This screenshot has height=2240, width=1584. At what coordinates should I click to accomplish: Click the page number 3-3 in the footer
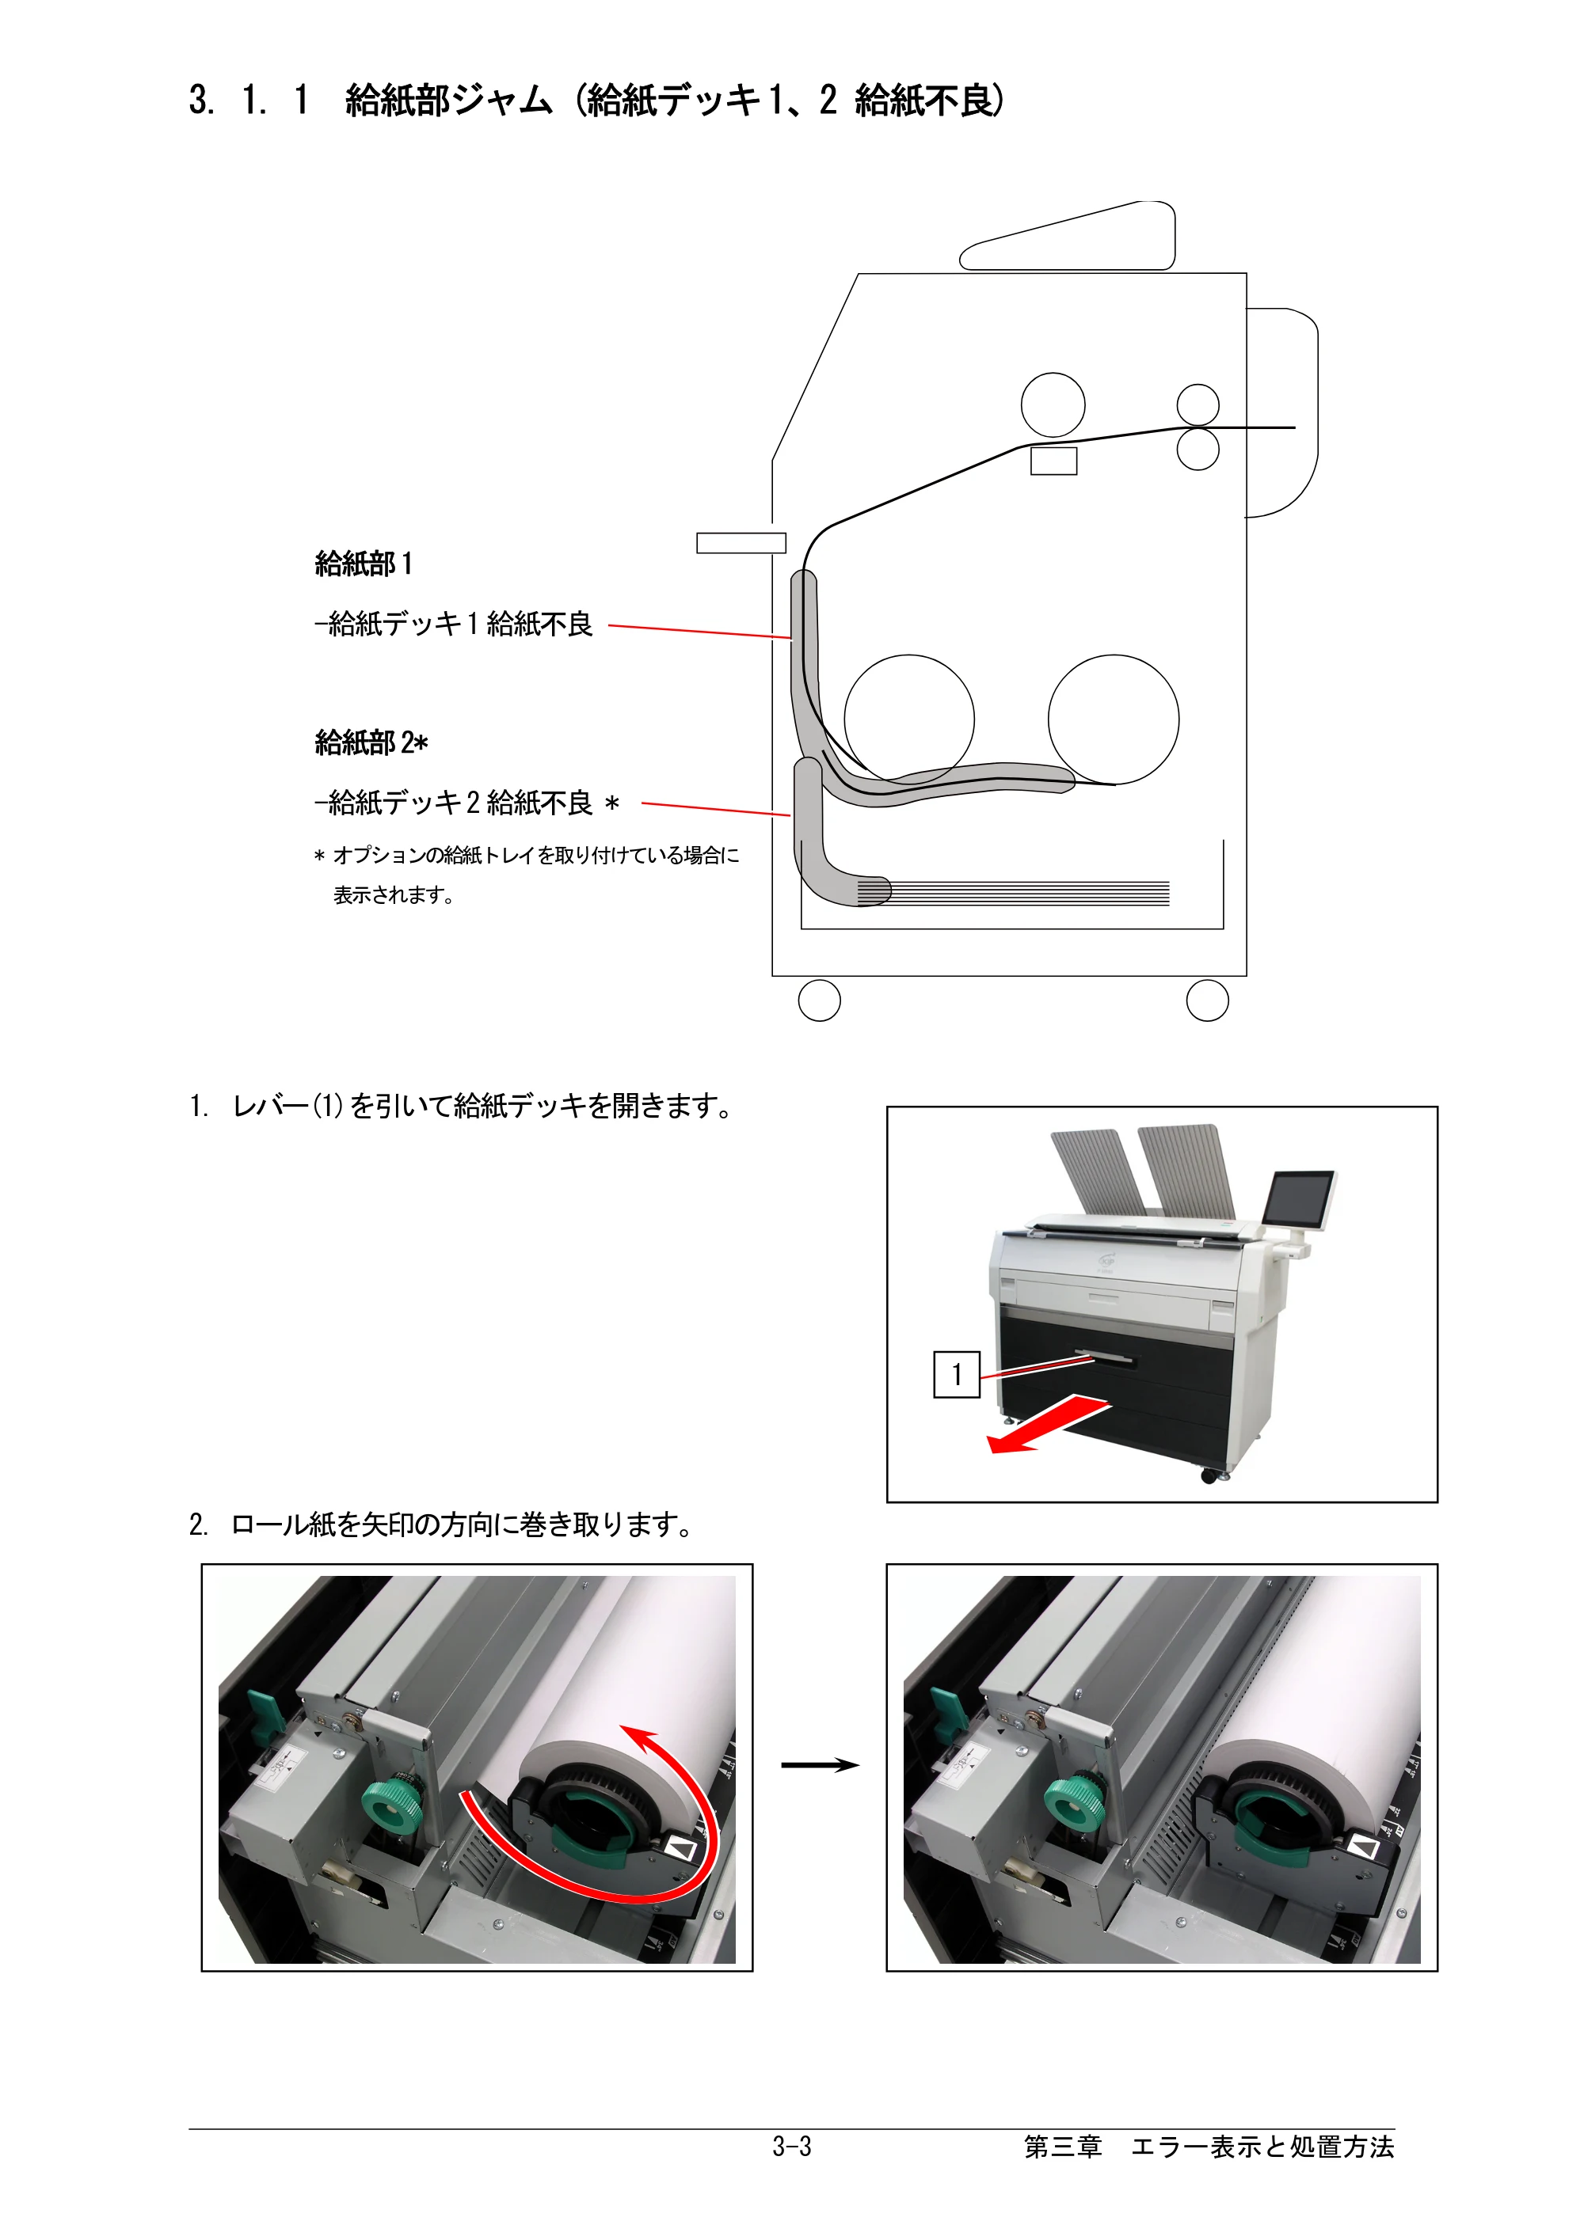pyautogui.click(x=791, y=2147)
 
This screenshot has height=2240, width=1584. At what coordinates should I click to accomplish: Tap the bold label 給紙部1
pyautogui.click(x=363, y=564)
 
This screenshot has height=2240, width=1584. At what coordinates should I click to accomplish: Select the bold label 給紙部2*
pyautogui.click(x=371, y=742)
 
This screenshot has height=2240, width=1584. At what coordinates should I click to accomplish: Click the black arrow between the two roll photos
pyautogui.click(x=820, y=1764)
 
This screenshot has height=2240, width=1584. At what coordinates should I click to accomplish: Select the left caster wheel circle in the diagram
pyautogui.click(x=819, y=1000)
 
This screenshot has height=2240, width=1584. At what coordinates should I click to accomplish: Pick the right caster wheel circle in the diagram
pyautogui.click(x=1207, y=1000)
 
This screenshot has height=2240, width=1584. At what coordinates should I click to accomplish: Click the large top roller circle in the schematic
pyautogui.click(x=1053, y=404)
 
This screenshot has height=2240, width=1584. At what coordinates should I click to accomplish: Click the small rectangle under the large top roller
pyautogui.click(x=1054, y=461)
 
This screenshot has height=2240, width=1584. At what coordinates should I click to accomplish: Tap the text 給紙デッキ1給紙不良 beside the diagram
pyautogui.click(x=461, y=624)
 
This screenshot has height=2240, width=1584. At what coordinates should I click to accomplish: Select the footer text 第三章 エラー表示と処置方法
pyautogui.click(x=1209, y=2147)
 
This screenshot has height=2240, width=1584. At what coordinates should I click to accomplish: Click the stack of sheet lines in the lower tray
pyautogui.click(x=1013, y=893)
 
